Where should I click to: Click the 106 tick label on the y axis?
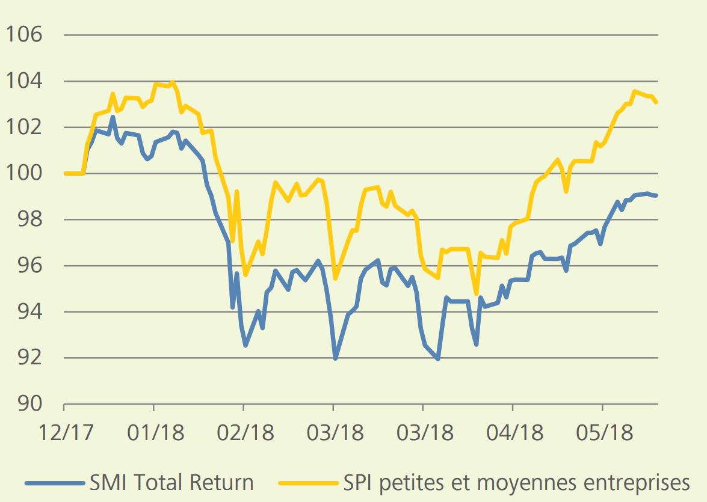click(24, 35)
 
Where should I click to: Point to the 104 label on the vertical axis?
click(24, 81)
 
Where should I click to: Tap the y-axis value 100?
click(24, 173)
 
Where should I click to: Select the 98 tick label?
click(29, 219)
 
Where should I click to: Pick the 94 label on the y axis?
click(29, 311)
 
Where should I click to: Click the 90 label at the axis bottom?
click(29, 404)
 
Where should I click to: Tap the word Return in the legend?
click(221, 483)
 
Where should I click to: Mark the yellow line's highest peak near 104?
click(172, 82)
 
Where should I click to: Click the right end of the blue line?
click(656, 195)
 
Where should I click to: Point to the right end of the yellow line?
click(656, 102)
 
